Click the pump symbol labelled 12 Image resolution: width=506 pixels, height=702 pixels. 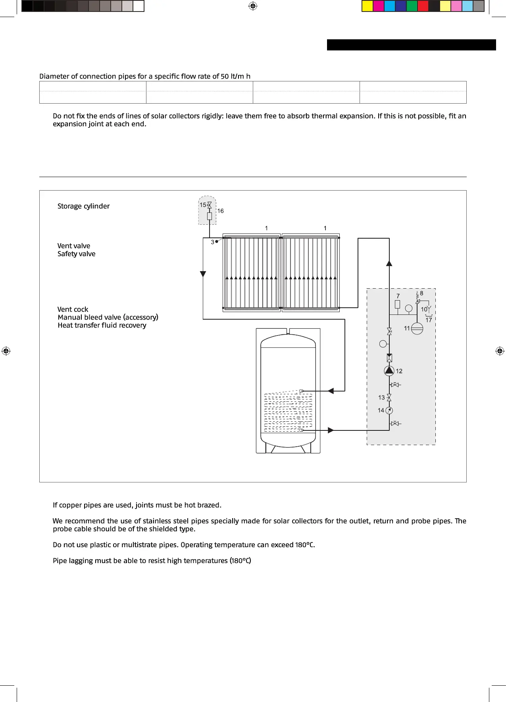click(x=389, y=371)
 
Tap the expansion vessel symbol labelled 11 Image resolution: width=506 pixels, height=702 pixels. click(x=417, y=328)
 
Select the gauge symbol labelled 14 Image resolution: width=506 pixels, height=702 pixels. click(x=389, y=411)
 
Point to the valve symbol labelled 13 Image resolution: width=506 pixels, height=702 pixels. click(x=389, y=397)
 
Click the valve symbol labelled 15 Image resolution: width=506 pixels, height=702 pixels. click(x=210, y=205)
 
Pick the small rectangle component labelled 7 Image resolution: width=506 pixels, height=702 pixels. click(x=397, y=305)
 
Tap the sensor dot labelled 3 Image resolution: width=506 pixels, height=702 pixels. click(x=217, y=241)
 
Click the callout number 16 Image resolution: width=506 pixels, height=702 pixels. click(x=220, y=211)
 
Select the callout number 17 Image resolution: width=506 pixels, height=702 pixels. click(x=429, y=320)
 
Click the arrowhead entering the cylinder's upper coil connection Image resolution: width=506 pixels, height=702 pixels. click(x=331, y=391)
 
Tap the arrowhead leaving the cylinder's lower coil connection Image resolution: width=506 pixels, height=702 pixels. click(x=331, y=430)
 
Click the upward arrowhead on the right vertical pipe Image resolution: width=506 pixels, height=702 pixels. click(x=389, y=263)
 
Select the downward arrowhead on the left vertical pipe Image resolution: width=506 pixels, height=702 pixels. click(x=203, y=274)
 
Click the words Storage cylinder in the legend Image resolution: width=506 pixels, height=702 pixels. click(x=83, y=206)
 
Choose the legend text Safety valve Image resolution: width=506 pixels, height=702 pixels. click(x=76, y=254)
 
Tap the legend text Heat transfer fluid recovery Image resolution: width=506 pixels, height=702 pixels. click(x=102, y=325)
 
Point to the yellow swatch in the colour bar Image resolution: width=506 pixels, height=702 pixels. click(x=367, y=6)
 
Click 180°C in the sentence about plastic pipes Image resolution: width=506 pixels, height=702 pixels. click(x=305, y=545)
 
